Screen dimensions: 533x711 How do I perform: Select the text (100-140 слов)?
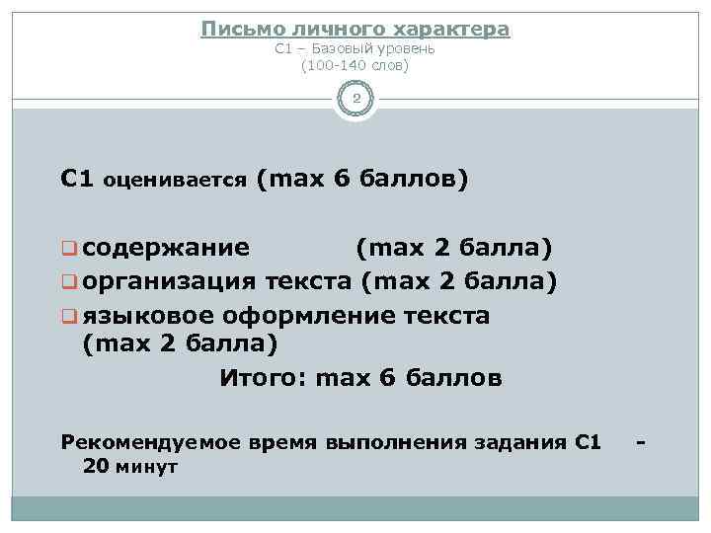click(355, 65)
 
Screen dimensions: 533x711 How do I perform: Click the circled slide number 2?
click(355, 100)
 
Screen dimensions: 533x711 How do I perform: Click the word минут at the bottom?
click(146, 465)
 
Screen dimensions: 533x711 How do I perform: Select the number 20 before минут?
click(98, 465)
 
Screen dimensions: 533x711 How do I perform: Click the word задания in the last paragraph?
click(518, 442)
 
